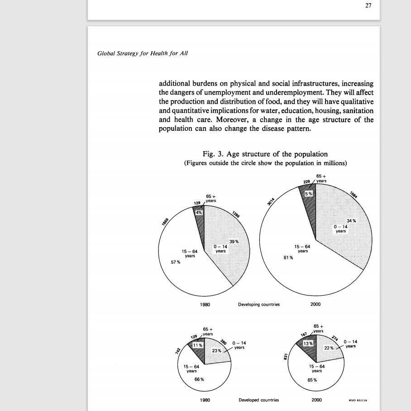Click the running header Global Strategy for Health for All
pos(143,53)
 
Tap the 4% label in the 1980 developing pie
pos(198,212)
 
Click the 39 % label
pos(234,241)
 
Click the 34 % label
pos(351,220)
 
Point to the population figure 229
pos(308,182)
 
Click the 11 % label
pos(198,345)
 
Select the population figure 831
pos(286,357)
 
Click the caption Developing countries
pos(259,305)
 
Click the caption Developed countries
pos(259,400)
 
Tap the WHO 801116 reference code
pos(357,401)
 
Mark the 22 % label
pos(329,348)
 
